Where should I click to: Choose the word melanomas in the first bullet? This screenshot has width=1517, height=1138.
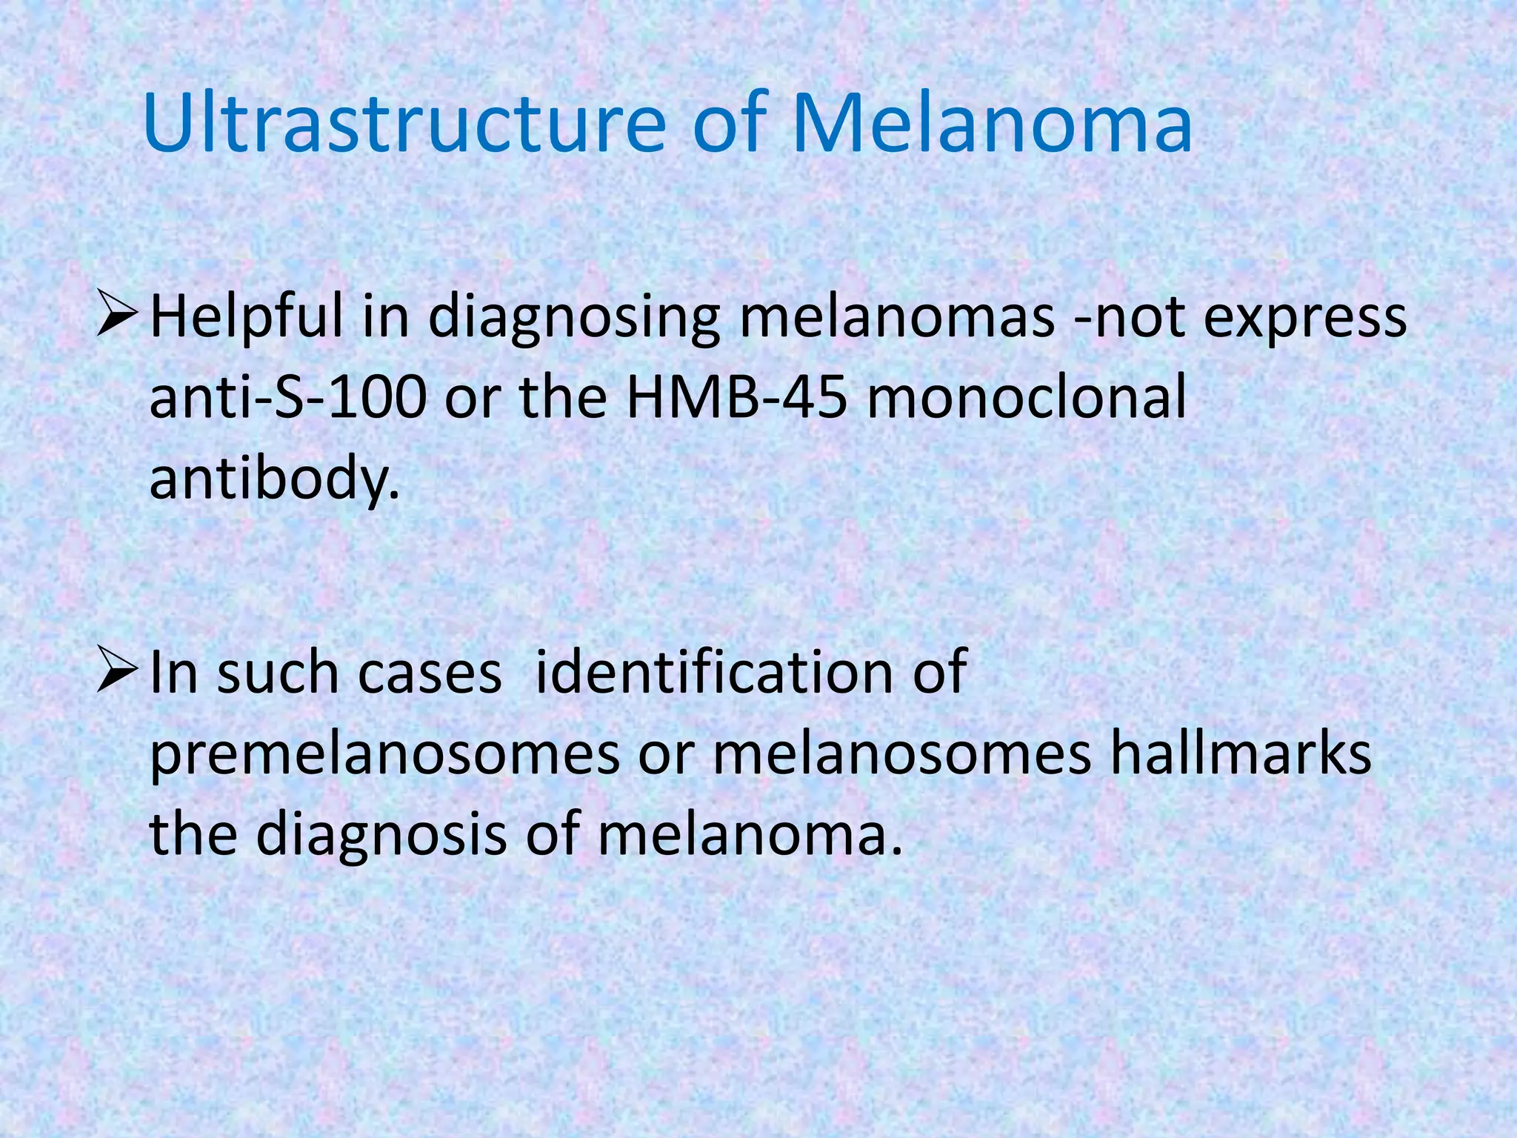pos(897,318)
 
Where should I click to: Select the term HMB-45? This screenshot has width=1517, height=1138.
pos(737,398)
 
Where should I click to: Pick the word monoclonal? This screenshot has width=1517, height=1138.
pos(1027,398)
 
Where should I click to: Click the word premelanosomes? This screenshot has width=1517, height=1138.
pos(385,756)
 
